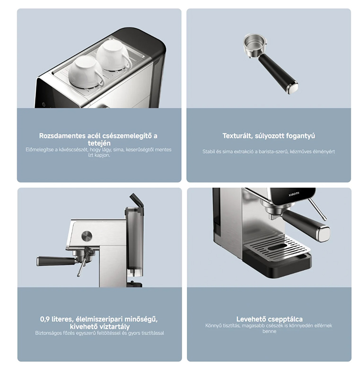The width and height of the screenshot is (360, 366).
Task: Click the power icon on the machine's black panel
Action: point(44,104)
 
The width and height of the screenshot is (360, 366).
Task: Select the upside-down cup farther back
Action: point(114,55)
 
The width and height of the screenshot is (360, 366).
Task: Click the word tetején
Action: point(99,143)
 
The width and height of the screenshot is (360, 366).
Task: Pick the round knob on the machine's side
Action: point(87,236)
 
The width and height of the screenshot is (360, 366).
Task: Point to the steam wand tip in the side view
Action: point(79,275)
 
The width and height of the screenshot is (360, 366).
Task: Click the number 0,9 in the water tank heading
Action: point(45,319)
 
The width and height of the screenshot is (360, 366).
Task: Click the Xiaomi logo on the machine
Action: point(294,194)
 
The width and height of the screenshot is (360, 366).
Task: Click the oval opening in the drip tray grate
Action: point(280,248)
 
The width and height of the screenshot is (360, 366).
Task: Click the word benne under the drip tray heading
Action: point(269,331)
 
